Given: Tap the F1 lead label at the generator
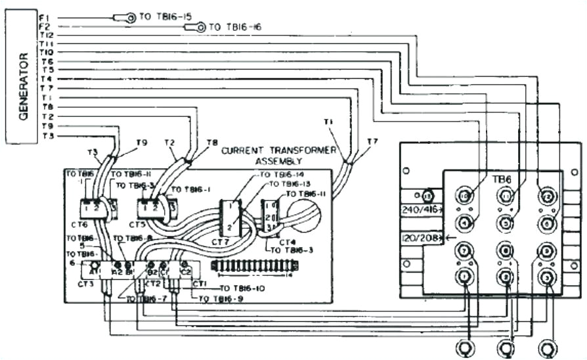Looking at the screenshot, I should pos(44,16).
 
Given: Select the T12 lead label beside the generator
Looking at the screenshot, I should pos(46,35).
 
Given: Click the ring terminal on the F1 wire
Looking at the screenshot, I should pos(130,18).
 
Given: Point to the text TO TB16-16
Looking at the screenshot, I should pos(234,27).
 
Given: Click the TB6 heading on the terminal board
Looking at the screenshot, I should pos(502,179).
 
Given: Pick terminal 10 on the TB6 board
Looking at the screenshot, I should pos(464,195).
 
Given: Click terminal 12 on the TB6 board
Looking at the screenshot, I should pos(545,195).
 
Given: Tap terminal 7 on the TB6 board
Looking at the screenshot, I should pos(464,251).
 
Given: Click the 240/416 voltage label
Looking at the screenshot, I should pos(420,210).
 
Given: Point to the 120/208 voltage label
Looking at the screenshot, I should pos(420,236).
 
